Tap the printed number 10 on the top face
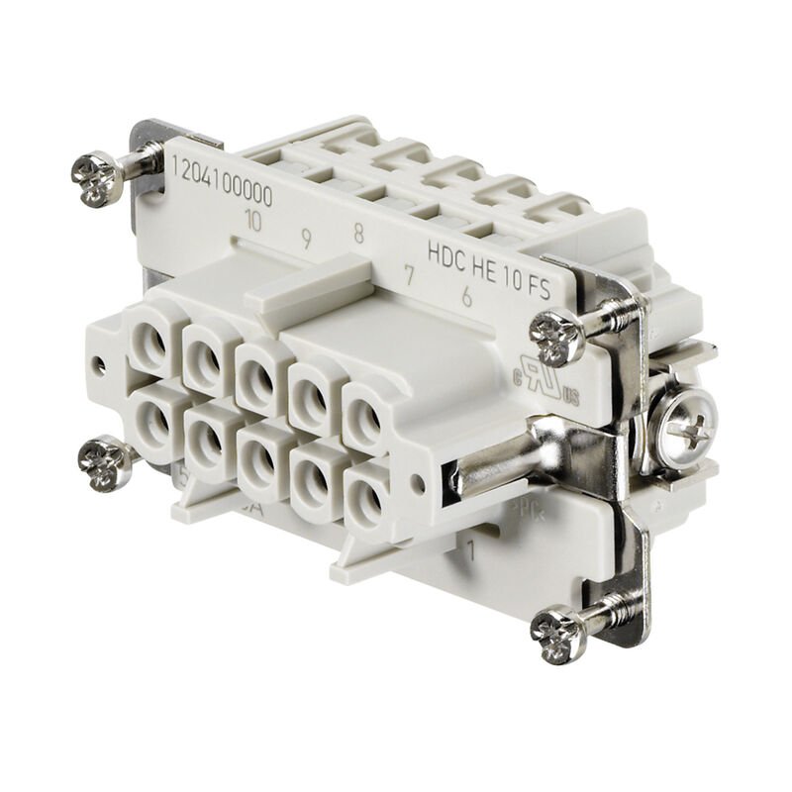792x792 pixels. (x=252, y=221)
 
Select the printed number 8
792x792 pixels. (x=358, y=234)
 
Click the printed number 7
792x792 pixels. (x=408, y=276)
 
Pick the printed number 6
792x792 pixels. (x=465, y=295)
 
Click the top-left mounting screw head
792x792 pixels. (x=97, y=179)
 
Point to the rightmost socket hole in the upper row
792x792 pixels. (x=364, y=416)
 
